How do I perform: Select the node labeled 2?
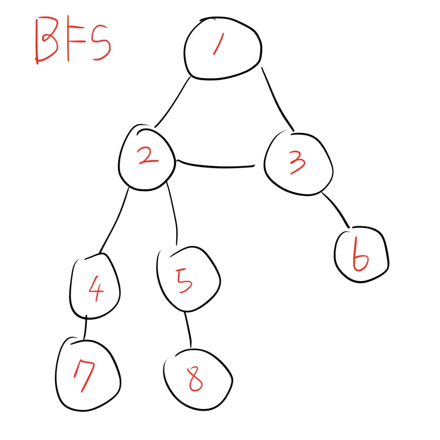(147, 158)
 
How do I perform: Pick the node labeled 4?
(95, 287)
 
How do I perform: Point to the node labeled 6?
(361, 256)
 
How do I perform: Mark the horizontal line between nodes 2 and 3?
(216, 166)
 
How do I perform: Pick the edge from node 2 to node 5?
(172, 214)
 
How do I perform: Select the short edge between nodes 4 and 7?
(85, 328)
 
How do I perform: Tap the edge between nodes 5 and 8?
(188, 330)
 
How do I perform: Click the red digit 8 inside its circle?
(195, 379)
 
